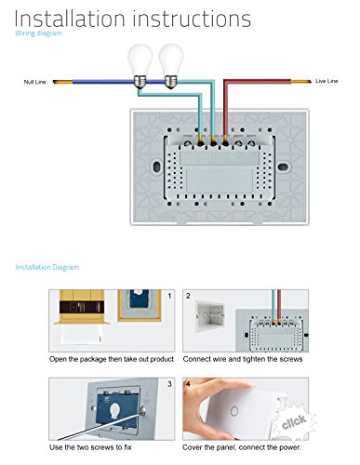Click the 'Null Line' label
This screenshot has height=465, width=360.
pos(34,82)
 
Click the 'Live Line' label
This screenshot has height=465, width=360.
pos(327,81)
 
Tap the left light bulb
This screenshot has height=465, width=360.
pos(140,66)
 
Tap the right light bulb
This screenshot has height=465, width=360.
pos(171,66)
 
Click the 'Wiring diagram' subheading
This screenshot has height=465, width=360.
pos(39,33)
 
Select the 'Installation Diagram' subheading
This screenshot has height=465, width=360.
pos(47,267)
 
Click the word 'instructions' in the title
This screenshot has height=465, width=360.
pos(192,19)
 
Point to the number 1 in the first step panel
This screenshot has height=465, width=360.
pos(169,296)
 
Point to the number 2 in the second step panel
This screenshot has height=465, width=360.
pos(188,296)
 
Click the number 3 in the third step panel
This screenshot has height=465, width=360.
pos(169,384)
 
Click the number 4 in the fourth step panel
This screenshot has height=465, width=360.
pos(188,384)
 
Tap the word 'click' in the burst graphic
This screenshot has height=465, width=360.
pos(294,422)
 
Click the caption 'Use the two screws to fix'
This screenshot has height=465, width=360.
pos(90,447)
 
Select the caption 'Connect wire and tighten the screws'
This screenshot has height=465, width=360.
pos(243,359)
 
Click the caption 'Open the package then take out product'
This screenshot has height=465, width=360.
pos(112,359)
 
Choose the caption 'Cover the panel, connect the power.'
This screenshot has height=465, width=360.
pos(242,447)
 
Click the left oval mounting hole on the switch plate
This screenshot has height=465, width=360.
pos(157,167)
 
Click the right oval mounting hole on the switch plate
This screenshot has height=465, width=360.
pos(283,167)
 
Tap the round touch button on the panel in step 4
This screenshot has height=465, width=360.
pos(234,411)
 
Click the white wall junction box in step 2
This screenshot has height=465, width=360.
pos(209,316)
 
